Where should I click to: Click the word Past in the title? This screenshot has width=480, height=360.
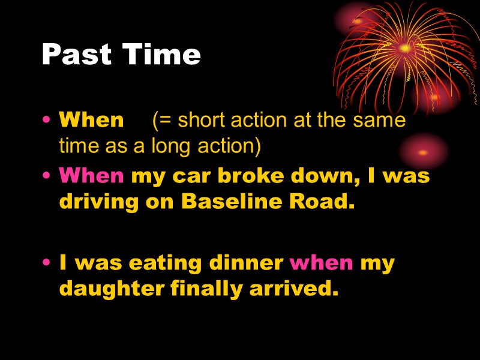(x=77, y=54)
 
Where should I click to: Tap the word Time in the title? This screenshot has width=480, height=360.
(x=161, y=54)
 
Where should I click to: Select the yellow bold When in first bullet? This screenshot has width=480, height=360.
(x=91, y=119)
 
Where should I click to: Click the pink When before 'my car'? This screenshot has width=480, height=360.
(x=91, y=175)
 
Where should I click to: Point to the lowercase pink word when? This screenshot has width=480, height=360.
(x=321, y=263)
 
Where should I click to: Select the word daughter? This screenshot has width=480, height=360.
(x=112, y=289)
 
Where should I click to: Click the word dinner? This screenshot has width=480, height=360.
(x=246, y=263)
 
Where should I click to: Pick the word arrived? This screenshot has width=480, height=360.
(x=294, y=289)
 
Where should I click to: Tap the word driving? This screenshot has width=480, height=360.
(x=98, y=202)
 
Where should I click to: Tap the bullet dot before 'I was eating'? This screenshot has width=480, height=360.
(x=47, y=262)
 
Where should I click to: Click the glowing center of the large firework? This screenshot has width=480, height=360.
(x=406, y=48)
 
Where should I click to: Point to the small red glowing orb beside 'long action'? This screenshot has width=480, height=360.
(x=423, y=152)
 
